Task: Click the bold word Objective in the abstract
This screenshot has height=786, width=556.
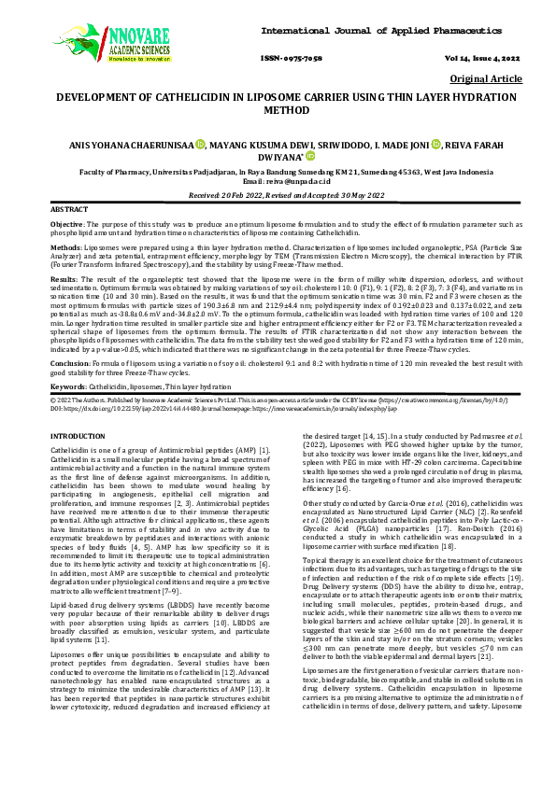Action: [x=66, y=225]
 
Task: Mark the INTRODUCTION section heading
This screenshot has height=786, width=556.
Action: [x=82, y=437]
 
